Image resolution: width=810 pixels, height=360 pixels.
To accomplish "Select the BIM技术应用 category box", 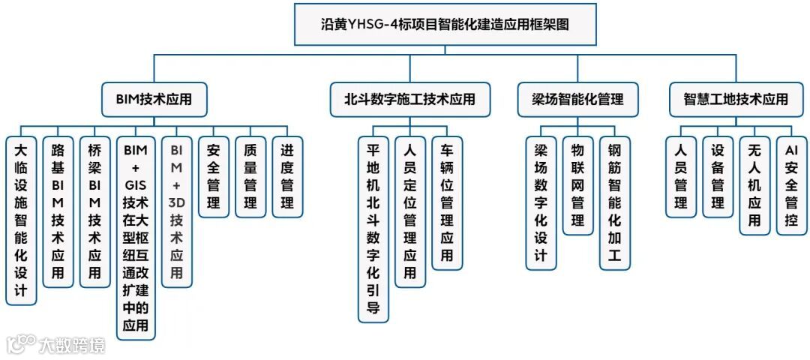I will coord(154,99).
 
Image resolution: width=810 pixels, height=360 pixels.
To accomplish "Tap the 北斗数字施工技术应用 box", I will coord(410,99).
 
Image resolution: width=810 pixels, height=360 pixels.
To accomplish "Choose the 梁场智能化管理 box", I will coord(578,99).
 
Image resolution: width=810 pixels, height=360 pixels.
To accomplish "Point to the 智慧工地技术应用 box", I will coord(736,99).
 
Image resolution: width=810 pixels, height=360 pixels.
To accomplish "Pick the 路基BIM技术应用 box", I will coord(58,211).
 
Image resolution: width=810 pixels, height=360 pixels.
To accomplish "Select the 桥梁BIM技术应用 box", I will coord(94,211).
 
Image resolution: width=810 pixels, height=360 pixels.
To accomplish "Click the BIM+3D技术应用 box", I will coord(176,211).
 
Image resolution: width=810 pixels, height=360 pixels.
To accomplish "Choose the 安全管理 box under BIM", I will coord(214,177).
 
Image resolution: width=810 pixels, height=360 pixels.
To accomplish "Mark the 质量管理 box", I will coord(250,177).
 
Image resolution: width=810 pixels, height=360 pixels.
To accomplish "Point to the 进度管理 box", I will coord(287,177).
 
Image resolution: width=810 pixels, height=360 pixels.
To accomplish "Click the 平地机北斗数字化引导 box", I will coord(373,229).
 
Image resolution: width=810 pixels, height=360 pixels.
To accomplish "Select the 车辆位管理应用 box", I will coord(447,202).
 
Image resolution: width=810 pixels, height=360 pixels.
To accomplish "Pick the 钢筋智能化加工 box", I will coord(615,202).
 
